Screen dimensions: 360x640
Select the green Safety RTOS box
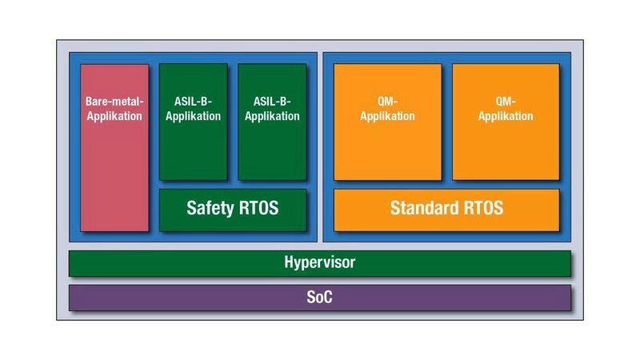tap(232, 210)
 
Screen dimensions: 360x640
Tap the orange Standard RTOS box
tap(446, 210)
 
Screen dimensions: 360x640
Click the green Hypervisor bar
tap(319, 263)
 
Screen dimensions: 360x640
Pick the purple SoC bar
tap(319, 298)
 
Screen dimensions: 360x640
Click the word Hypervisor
tap(319, 262)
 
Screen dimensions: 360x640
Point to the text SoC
tap(319, 298)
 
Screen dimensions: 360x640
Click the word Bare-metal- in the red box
tap(114, 102)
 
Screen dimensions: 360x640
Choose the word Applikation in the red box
tap(114, 116)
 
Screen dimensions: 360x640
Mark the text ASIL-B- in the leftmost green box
tap(193, 102)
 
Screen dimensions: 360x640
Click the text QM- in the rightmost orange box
tap(506, 102)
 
